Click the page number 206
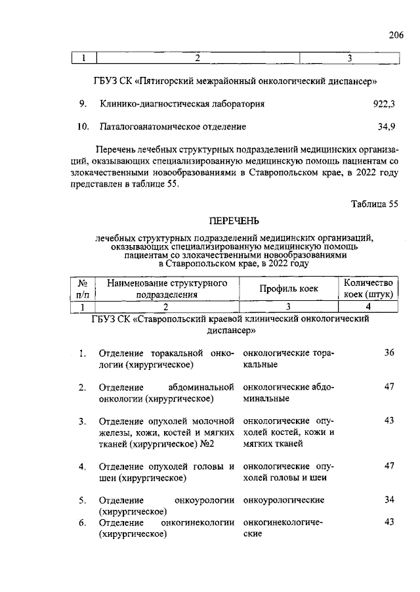[396, 35]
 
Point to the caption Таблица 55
[375, 204]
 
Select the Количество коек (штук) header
[368, 288]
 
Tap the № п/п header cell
[83, 288]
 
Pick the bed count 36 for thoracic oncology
[388, 353]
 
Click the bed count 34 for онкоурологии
[388, 500]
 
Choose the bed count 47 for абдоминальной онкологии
[388, 386]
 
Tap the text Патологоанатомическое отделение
[173, 125]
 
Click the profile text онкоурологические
[283, 500]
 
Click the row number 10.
[82, 125]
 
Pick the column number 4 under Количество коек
[368, 306]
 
